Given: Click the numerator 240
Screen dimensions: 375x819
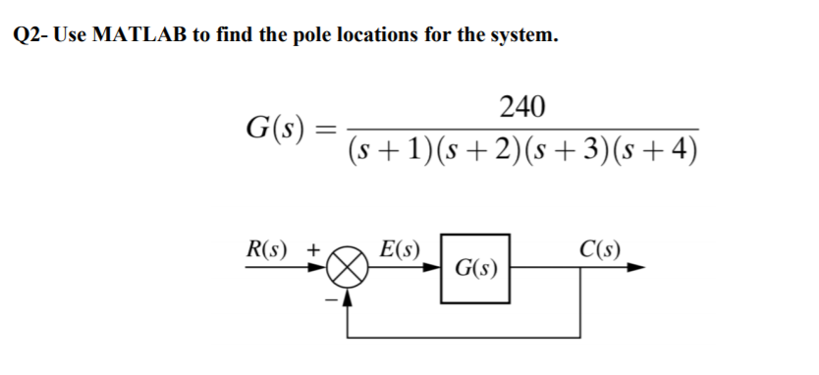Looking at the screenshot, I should pyautogui.click(x=523, y=106).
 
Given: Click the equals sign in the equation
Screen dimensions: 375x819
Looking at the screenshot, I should pyautogui.click(x=329, y=129).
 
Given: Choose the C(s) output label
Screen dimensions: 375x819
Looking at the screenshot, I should pyautogui.click(x=597, y=248).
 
